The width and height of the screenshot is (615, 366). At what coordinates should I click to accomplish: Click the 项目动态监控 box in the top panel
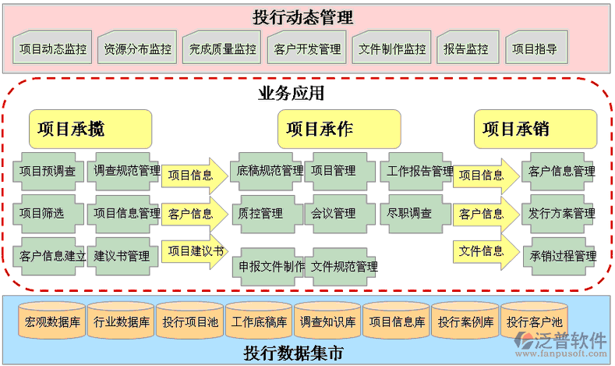click(x=53, y=48)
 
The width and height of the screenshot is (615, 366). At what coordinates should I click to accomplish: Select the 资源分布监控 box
click(x=137, y=48)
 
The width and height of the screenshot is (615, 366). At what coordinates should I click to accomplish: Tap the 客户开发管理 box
click(x=307, y=48)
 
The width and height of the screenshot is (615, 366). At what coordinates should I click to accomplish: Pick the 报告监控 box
click(x=466, y=48)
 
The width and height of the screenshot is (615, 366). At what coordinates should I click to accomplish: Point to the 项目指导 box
click(x=535, y=48)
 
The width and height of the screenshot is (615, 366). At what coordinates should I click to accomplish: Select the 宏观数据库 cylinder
click(x=51, y=322)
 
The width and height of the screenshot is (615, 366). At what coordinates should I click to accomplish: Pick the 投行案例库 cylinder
click(x=465, y=322)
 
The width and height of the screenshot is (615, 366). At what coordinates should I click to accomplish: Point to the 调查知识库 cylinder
click(x=327, y=322)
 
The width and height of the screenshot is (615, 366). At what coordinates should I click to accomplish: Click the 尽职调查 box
click(x=411, y=213)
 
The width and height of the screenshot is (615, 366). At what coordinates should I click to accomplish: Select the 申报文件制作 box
click(x=271, y=266)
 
